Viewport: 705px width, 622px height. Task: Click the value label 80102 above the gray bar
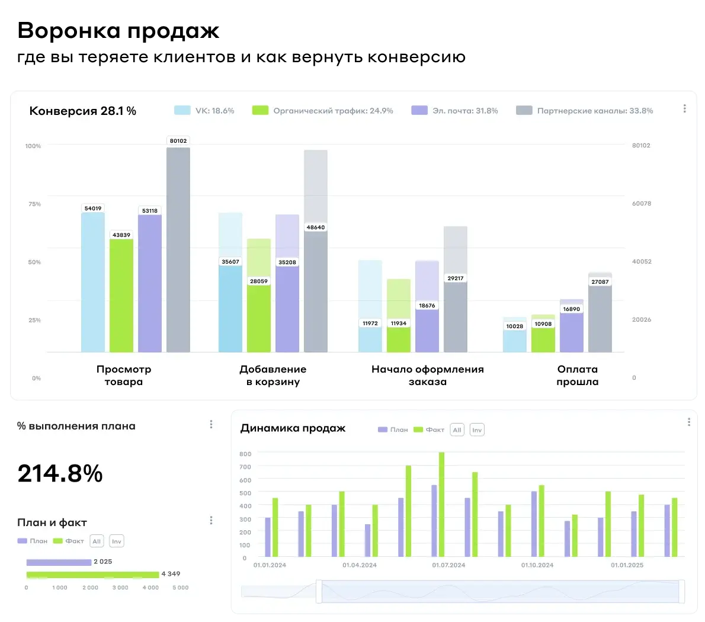point(178,141)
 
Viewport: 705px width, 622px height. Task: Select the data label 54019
point(93,209)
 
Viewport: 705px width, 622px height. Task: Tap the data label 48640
point(316,227)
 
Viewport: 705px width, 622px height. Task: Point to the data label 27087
point(600,282)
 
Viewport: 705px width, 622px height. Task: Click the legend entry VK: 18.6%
point(204,111)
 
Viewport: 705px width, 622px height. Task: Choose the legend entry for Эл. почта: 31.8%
point(455,111)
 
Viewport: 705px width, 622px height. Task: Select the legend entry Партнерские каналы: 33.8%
point(585,111)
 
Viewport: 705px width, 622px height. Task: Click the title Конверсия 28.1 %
point(83,111)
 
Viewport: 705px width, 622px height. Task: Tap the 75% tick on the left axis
point(34,204)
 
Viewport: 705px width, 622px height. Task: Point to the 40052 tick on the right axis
point(642,262)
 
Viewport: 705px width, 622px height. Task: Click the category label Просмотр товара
point(124,376)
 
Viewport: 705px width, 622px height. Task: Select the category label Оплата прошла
point(578,376)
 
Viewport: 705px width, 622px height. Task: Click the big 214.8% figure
point(60,473)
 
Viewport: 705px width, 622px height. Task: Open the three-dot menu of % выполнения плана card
point(211,424)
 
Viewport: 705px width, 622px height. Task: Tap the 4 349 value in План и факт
point(171,574)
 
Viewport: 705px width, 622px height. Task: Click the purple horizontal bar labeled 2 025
point(59,562)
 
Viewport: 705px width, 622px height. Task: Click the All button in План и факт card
point(97,541)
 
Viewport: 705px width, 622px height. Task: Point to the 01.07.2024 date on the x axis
point(448,565)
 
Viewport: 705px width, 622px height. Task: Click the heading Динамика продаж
point(293,428)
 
